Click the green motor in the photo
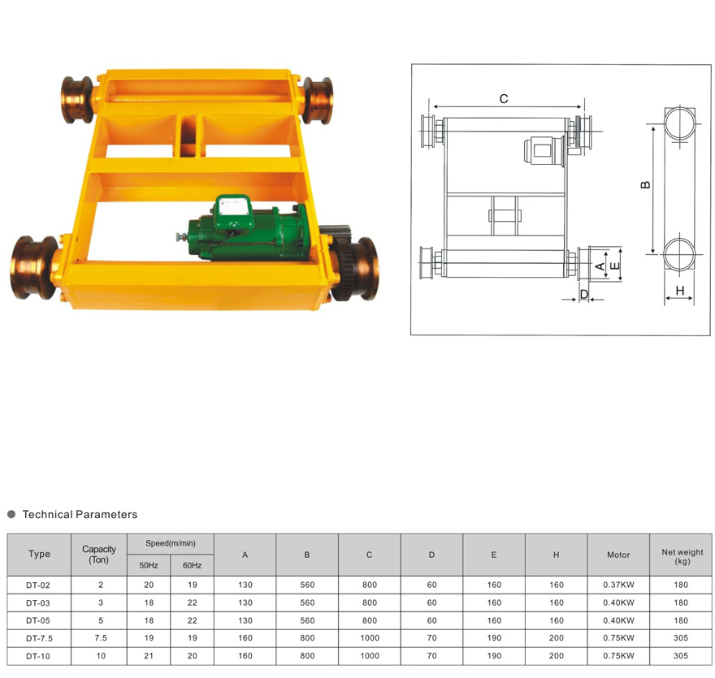(x=246, y=232)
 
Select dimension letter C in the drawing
(x=504, y=99)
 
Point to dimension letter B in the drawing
(x=646, y=185)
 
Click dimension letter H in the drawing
(x=680, y=291)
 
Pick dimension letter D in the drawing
(x=584, y=295)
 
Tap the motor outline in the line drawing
(x=544, y=151)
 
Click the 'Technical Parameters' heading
(x=80, y=515)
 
